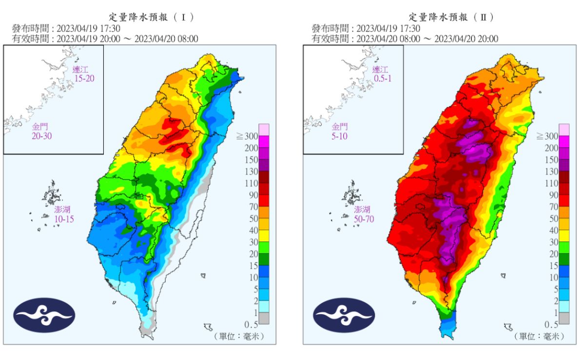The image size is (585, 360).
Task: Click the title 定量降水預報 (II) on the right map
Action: tap(450, 17)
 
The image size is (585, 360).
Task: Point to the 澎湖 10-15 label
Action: tap(64, 215)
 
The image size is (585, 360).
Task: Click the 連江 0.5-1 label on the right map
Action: tap(382, 74)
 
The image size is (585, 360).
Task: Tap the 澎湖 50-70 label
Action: tap(364, 215)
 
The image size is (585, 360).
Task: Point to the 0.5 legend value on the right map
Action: tap(550, 324)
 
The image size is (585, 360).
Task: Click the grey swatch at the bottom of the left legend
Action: tap(264, 318)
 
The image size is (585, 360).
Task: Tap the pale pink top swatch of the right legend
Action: tap(564, 130)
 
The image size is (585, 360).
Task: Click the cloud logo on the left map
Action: tap(44, 315)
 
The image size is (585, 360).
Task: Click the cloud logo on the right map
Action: tap(344, 315)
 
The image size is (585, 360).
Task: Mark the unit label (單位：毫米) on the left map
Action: tap(238, 337)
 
